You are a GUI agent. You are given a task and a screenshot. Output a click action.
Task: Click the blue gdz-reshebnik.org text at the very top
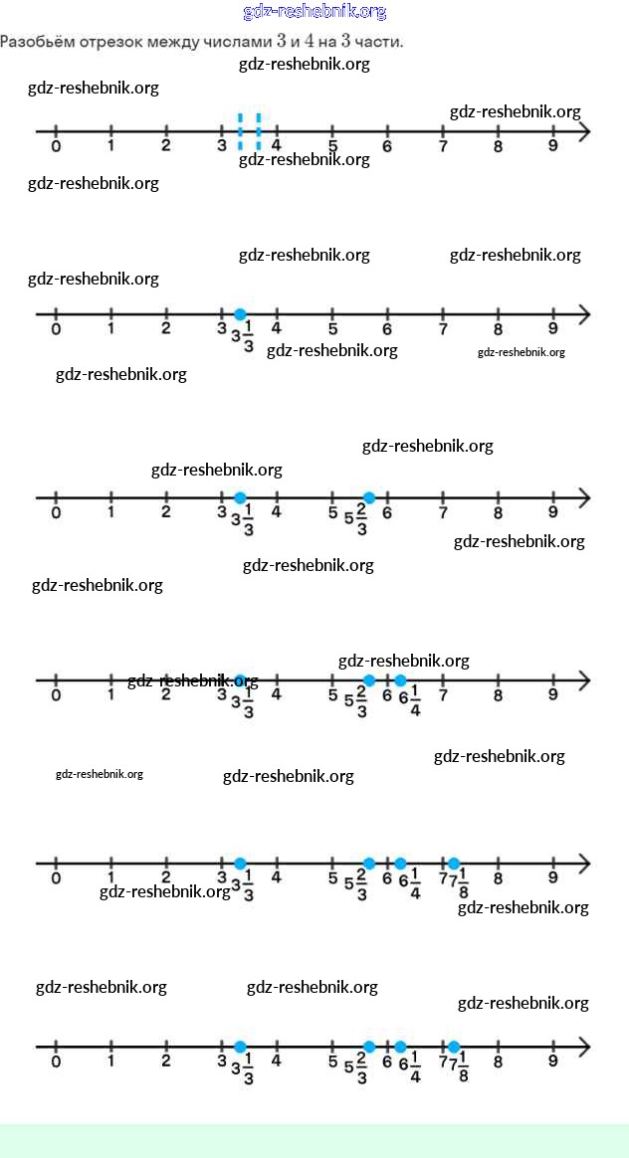tap(314, 12)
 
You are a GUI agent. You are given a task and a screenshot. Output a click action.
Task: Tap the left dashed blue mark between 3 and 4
tap(240, 130)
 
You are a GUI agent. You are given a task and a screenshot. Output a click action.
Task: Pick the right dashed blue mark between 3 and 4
tap(258, 130)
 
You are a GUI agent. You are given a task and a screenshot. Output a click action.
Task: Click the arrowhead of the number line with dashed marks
tap(584, 130)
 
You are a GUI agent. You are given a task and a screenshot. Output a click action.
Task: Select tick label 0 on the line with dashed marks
tap(56, 146)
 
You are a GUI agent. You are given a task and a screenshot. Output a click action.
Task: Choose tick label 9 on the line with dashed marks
tap(552, 146)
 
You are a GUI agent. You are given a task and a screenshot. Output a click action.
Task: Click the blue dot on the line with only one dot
tap(240, 314)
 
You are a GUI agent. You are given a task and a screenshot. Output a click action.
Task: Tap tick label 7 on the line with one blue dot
tap(442, 329)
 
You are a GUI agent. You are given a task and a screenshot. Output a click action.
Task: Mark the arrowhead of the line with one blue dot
tap(584, 314)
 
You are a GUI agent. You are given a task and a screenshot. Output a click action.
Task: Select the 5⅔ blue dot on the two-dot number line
tap(369, 497)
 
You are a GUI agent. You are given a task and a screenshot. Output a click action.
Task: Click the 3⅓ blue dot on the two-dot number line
tap(240, 497)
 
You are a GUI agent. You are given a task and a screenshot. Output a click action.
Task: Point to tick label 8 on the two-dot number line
tap(498, 513)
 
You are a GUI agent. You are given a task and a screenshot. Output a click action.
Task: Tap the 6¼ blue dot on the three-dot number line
tap(400, 680)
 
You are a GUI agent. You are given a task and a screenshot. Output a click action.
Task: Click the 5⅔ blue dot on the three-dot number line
tap(369, 680)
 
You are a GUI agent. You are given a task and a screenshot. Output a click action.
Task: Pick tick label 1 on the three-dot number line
tap(110, 695)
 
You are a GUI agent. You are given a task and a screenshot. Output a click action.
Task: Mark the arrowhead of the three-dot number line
tap(584, 680)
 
